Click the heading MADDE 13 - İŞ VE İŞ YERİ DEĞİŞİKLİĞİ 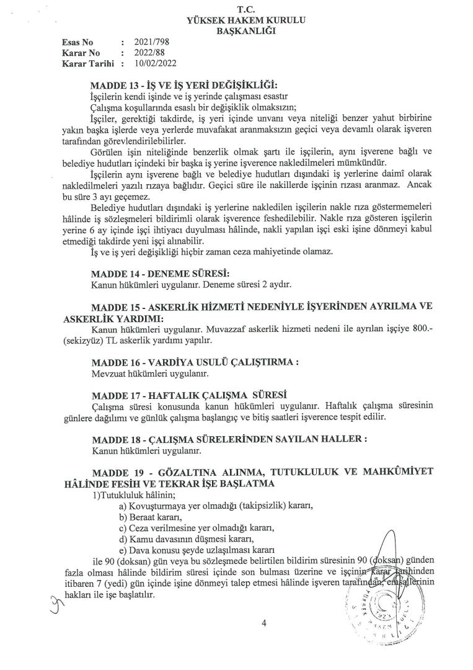coord(184,84)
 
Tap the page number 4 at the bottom coord(263,624)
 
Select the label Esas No coord(78,42)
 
